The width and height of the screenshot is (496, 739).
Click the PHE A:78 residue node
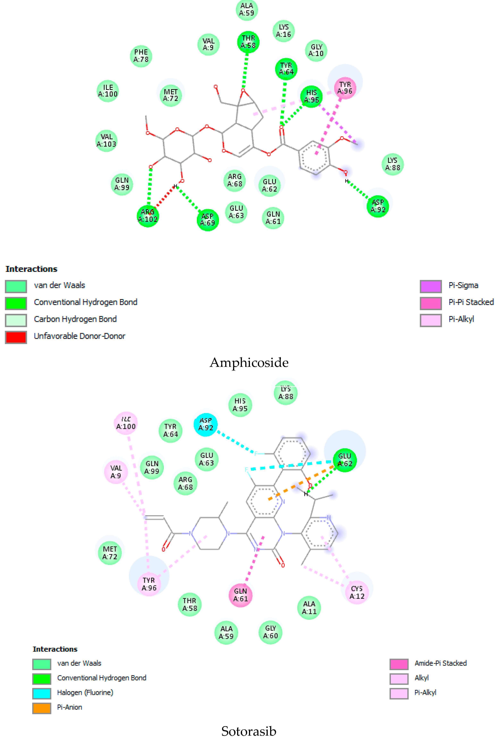pos(141,56)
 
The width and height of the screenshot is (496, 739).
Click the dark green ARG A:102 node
pos(148,216)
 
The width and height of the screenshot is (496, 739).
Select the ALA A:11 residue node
pos(309,607)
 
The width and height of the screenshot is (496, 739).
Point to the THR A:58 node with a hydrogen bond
pos(248,42)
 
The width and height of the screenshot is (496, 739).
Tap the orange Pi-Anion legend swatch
pos(41,708)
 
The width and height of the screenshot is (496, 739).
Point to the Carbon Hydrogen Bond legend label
pos(75,319)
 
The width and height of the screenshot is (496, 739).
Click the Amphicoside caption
pos(249,363)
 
